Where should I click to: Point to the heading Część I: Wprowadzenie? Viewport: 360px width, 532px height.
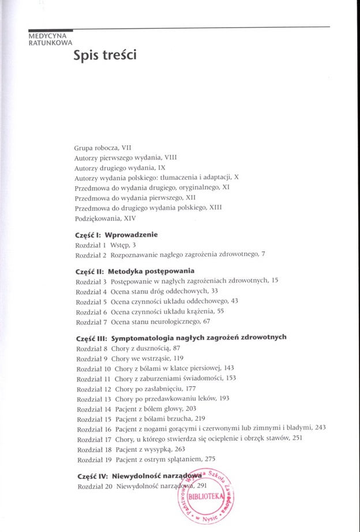116,235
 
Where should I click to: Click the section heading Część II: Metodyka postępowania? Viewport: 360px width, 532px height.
134,270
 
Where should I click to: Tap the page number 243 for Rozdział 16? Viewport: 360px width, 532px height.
321,427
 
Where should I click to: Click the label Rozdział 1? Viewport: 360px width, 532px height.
91,245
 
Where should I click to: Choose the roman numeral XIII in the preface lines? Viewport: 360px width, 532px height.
214,207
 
